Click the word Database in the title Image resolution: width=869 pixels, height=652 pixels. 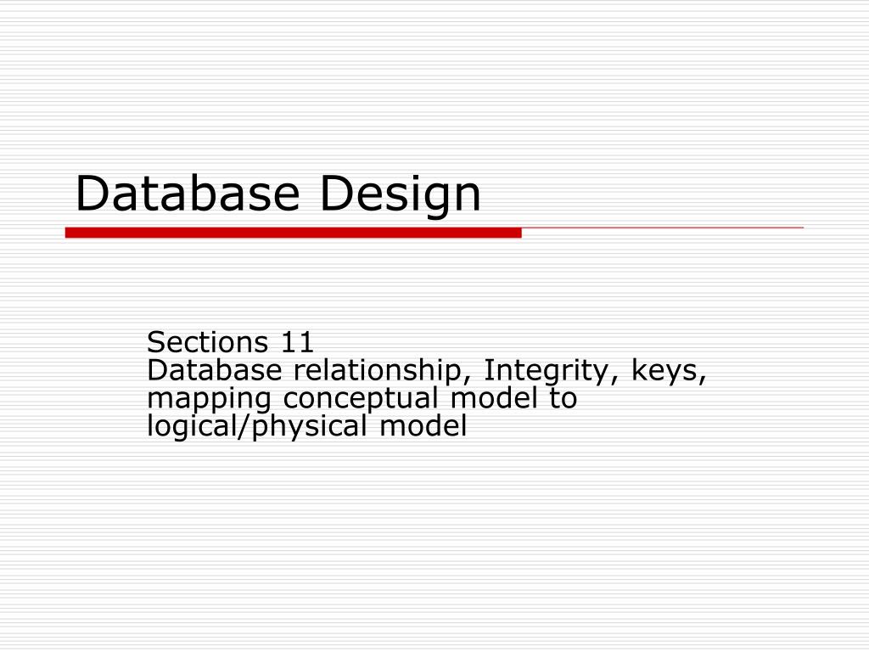[x=188, y=194]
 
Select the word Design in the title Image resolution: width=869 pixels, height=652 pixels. [x=400, y=195]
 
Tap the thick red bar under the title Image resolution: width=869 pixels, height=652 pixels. [x=293, y=232]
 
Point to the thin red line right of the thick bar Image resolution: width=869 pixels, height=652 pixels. [x=662, y=228]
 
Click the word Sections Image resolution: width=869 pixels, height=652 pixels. [x=206, y=343]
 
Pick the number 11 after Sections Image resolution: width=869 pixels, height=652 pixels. [x=297, y=343]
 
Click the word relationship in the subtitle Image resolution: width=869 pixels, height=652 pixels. [x=383, y=371]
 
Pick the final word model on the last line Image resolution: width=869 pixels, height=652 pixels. [x=423, y=426]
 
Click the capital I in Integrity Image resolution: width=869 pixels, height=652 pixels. [x=488, y=370]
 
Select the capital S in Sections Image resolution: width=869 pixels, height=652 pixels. [x=154, y=343]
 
